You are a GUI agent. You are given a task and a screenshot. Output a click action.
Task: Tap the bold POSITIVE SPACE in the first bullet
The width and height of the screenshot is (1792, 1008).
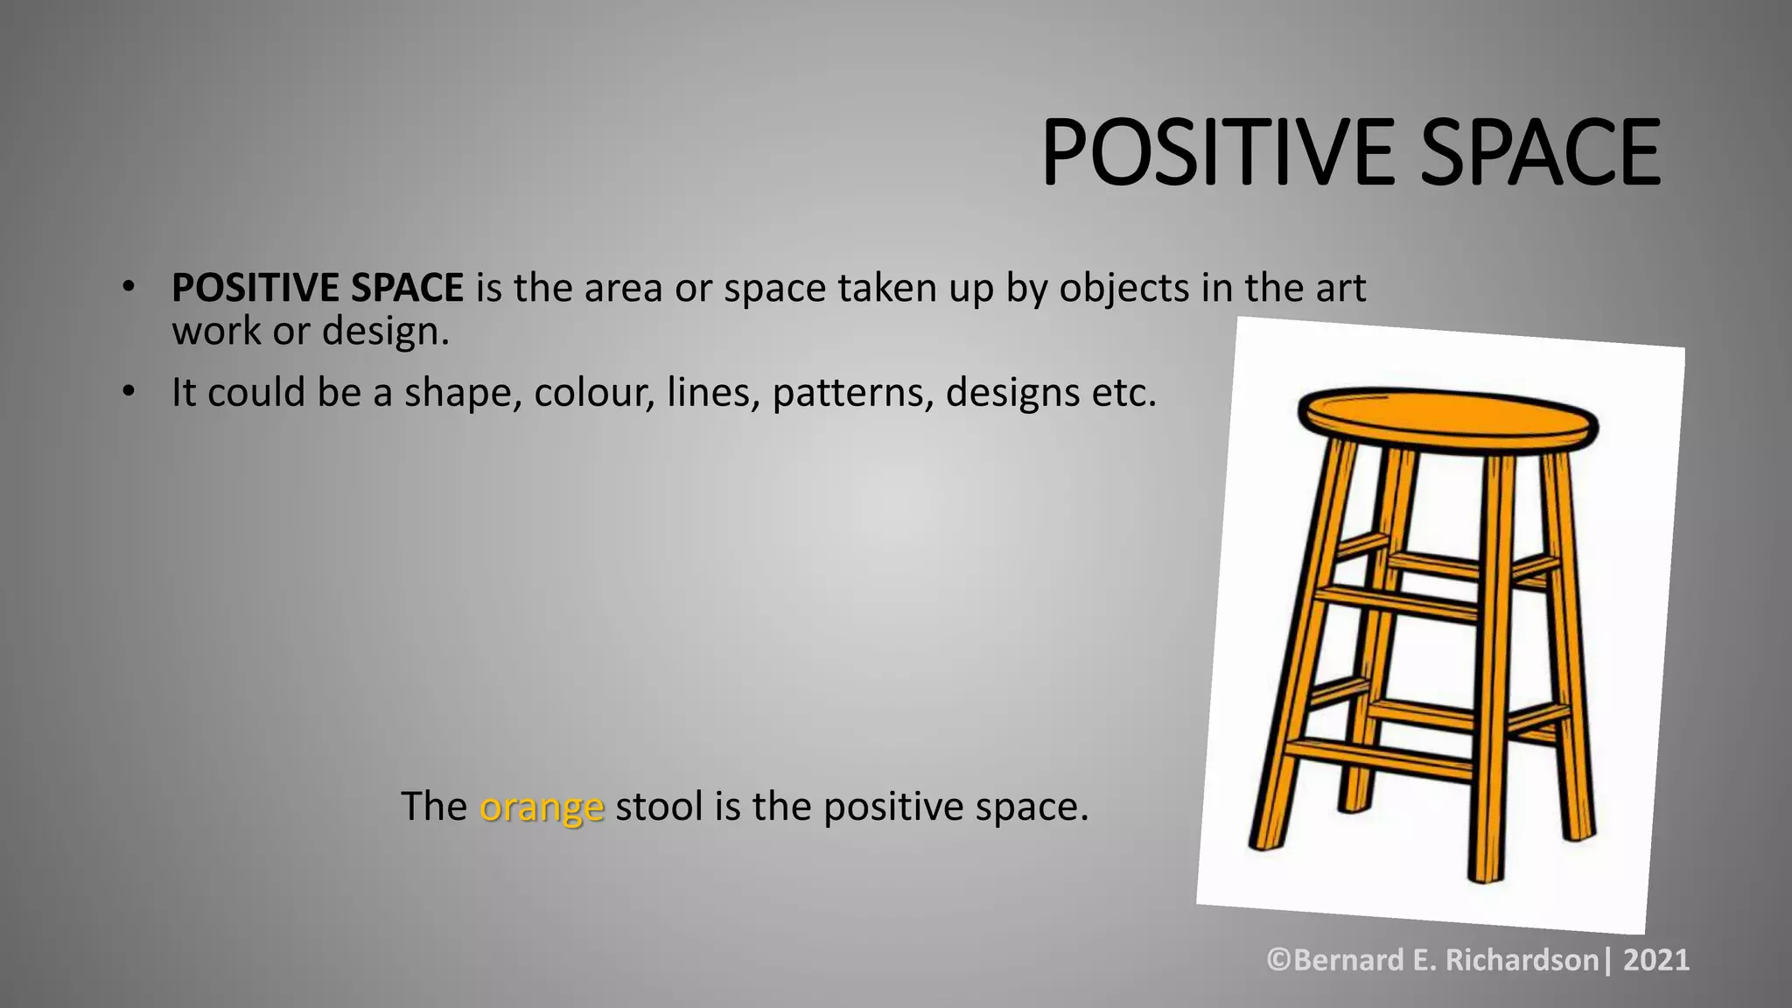click(317, 288)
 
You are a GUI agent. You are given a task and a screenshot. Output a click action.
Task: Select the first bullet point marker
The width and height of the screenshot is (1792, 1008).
click(129, 286)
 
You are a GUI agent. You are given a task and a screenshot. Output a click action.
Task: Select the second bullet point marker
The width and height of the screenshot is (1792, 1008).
click(129, 391)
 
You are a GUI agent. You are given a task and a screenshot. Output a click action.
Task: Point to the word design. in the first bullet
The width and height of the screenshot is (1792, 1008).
click(385, 332)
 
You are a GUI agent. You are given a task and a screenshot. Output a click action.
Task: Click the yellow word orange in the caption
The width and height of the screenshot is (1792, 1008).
click(542, 806)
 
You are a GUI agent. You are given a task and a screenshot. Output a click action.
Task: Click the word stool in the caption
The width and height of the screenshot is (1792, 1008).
click(659, 806)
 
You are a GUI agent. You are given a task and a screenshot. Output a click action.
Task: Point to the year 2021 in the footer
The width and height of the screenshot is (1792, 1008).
click(1655, 960)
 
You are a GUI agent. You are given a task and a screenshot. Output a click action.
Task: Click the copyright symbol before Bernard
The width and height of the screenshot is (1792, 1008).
click(1279, 960)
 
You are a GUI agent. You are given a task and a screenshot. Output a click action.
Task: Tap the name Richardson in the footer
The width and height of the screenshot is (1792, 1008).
click(1522, 960)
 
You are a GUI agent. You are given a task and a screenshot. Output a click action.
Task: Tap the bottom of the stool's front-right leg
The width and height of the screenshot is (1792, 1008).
click(1486, 872)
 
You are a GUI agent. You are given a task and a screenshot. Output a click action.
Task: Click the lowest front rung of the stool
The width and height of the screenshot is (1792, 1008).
click(1380, 757)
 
